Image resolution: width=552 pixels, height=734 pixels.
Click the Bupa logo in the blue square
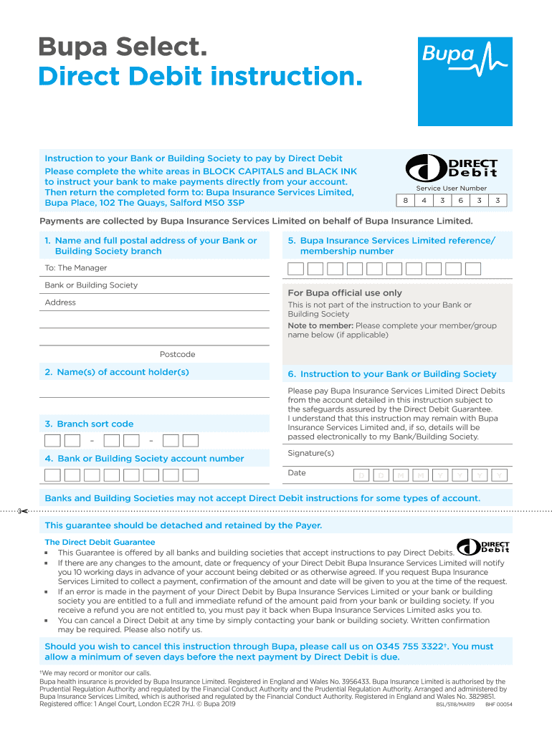coord(458,54)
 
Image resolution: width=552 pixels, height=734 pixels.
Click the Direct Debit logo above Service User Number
coord(452,169)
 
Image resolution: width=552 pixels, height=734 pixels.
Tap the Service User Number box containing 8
coord(406,201)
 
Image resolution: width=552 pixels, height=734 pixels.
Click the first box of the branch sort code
coord(52,440)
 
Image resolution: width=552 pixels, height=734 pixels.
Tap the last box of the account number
coord(190,475)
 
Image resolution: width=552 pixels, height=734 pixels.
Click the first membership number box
coord(295,269)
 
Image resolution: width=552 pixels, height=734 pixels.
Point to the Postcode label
coord(177,354)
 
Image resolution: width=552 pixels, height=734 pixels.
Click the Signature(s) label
coord(310,453)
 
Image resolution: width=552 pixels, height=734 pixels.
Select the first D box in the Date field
coord(362,475)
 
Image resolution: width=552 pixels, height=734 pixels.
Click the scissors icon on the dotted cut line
coord(23,511)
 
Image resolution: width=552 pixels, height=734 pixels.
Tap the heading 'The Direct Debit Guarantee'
coord(100,542)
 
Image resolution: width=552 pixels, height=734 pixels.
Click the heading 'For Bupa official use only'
coord(344,292)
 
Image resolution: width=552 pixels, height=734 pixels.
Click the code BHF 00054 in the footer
coord(498,704)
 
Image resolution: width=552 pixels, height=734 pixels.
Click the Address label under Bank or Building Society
coord(60,302)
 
